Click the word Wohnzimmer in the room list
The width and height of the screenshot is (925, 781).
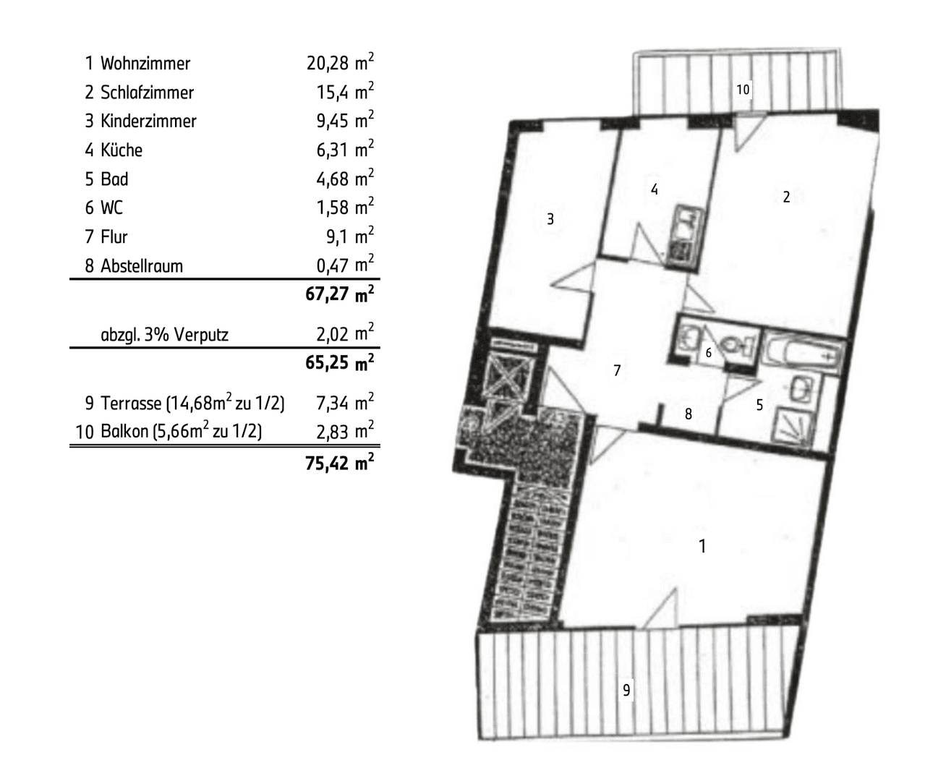point(145,64)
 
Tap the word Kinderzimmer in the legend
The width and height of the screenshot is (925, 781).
point(148,121)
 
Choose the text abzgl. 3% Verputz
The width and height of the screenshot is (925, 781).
point(164,335)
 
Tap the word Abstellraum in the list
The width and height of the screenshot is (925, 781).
point(141,266)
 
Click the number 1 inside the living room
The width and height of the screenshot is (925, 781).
point(702,546)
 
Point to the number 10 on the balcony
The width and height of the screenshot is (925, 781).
point(743,90)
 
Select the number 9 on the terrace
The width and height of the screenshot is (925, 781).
point(627,690)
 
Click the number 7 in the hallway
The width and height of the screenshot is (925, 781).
point(617,370)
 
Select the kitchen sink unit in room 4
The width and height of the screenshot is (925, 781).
point(682,235)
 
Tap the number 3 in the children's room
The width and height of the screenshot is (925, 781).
point(550,218)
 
